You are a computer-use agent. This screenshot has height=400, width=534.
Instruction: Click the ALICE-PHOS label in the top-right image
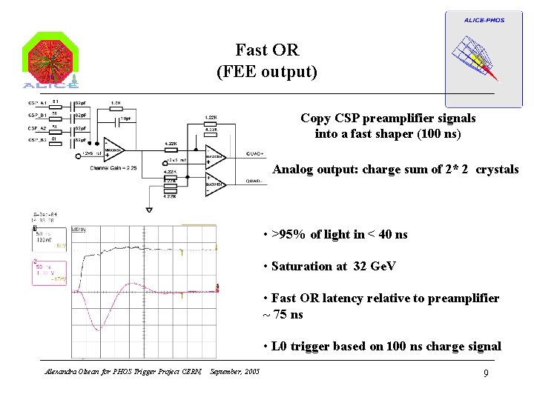(x=484, y=20)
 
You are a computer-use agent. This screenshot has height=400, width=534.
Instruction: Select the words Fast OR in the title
(x=267, y=50)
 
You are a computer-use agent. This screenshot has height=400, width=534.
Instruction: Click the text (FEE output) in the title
(x=267, y=72)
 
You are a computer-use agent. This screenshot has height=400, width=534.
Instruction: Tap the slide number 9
(x=485, y=373)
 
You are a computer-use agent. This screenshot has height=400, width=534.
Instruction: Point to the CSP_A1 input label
(x=37, y=103)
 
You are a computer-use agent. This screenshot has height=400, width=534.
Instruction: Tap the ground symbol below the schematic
(x=150, y=199)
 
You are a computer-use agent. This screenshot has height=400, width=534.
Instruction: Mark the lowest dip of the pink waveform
(x=99, y=328)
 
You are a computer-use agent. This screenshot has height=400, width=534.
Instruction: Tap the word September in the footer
(x=225, y=371)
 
